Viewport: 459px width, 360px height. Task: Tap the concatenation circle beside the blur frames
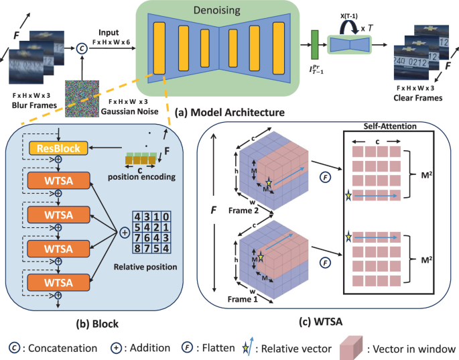pos(82,47)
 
